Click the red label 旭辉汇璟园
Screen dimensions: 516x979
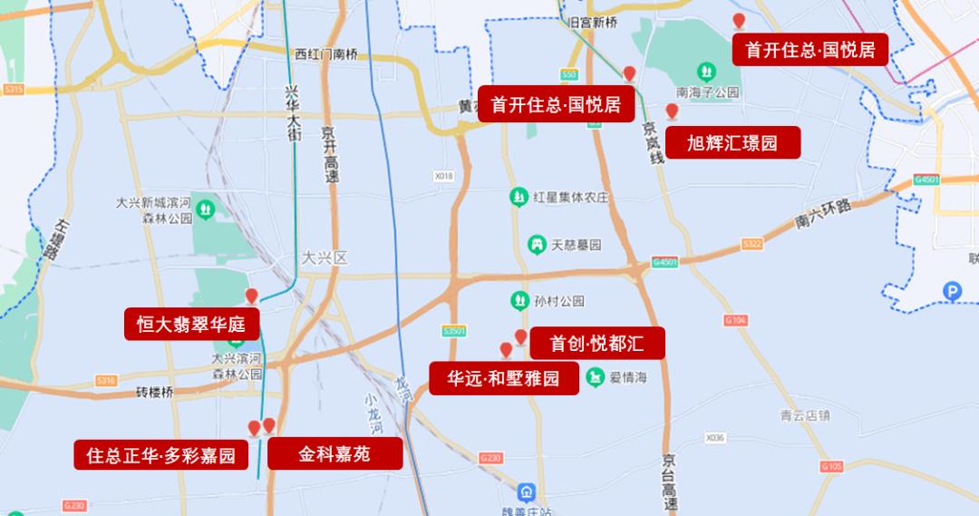[x=732, y=142]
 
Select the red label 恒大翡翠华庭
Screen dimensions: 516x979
[x=191, y=324]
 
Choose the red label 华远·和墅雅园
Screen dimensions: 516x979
[x=504, y=378]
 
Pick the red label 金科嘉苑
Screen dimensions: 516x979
[x=334, y=453]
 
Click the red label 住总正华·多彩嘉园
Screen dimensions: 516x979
[x=160, y=454]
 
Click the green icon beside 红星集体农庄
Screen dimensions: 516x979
[x=519, y=196]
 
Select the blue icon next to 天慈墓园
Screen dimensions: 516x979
[x=538, y=244]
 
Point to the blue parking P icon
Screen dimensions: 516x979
[x=952, y=291]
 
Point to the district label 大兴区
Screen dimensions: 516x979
[x=325, y=258]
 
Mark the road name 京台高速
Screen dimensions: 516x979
[x=669, y=481]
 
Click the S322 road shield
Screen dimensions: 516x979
[x=752, y=244]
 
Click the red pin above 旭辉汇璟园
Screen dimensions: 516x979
[x=672, y=112]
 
